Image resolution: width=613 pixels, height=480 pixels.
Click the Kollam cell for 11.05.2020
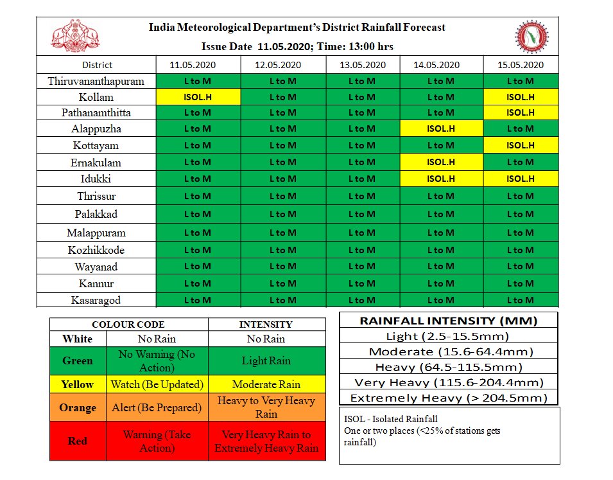pyautogui.click(x=198, y=97)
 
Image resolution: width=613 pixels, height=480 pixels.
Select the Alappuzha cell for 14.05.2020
pyautogui.click(x=440, y=129)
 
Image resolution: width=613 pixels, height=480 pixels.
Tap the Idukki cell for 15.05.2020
pyautogui.click(x=520, y=179)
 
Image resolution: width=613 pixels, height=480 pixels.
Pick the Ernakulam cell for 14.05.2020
pyautogui.click(x=440, y=162)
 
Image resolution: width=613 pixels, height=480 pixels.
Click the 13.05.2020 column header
pyautogui.click(x=363, y=65)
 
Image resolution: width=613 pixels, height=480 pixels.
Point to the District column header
pyautogui.click(x=97, y=65)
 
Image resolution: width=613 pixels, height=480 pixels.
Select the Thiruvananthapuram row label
pyautogui.click(x=96, y=81)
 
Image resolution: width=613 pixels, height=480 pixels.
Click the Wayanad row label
pyautogui.click(x=96, y=267)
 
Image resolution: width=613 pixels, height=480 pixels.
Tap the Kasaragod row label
pyautogui.click(x=96, y=300)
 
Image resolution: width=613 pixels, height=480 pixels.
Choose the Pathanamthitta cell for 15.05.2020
pyautogui.click(x=520, y=112)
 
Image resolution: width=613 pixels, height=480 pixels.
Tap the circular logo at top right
pyautogui.click(x=531, y=37)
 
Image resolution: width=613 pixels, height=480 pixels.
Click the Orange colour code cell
pyautogui.click(x=78, y=407)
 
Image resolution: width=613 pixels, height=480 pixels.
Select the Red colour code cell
pyautogui.click(x=78, y=441)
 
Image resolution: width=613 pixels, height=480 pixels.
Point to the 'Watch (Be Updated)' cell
pyautogui.click(x=157, y=384)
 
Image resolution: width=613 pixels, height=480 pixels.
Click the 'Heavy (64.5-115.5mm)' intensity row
pyautogui.click(x=448, y=367)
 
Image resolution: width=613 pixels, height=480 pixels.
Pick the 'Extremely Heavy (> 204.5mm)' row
pyautogui.click(x=448, y=398)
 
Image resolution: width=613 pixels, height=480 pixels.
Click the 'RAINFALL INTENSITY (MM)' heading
pyautogui.click(x=448, y=320)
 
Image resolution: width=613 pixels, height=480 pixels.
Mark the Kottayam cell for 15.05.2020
pyautogui.click(x=520, y=145)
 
